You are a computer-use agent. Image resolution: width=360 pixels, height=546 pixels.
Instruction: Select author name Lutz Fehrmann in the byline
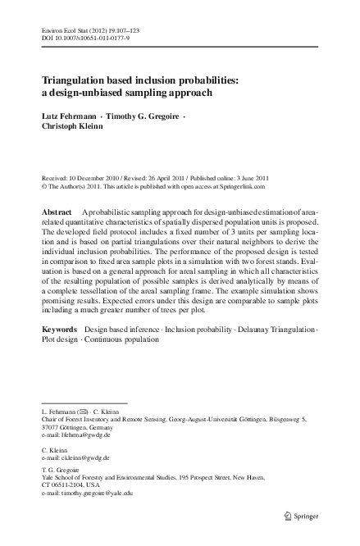point(67,116)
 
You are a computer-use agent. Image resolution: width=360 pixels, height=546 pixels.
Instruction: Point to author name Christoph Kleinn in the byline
point(70,128)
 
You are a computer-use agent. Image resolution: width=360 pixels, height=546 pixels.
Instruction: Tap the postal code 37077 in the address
point(50,428)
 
